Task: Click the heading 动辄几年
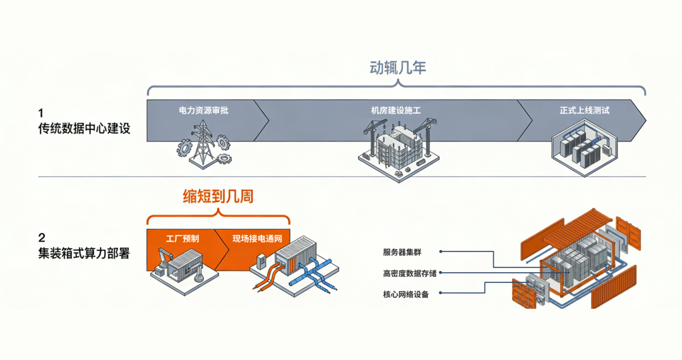tap(397, 68)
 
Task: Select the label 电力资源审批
tap(203, 111)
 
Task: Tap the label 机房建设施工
tap(395, 111)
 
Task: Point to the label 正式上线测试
tap(584, 111)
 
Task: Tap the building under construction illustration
tap(396, 149)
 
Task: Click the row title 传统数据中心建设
tap(84, 129)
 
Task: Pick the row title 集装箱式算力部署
tap(84, 254)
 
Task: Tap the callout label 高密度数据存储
tap(409, 273)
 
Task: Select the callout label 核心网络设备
tap(405, 294)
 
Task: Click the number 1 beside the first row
tap(41, 114)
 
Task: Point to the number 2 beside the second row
tap(42, 239)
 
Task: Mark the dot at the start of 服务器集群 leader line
tap(440, 251)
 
